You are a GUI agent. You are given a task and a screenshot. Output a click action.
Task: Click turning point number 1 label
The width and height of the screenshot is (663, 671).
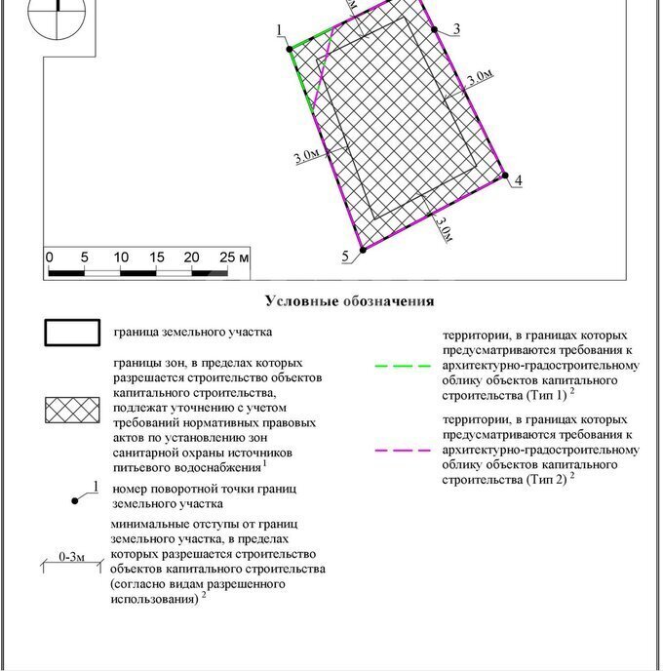(x=279, y=32)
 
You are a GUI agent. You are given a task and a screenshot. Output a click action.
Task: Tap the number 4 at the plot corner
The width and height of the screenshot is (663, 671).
(x=519, y=181)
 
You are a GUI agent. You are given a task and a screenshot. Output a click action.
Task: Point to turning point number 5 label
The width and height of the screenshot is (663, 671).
(x=345, y=256)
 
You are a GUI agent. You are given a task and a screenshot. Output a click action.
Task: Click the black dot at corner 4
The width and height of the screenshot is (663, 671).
(x=505, y=176)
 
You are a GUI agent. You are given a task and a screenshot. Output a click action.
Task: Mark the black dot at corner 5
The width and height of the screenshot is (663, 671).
(x=361, y=251)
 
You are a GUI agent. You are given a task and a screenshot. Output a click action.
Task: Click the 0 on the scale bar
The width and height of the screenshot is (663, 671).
(x=49, y=257)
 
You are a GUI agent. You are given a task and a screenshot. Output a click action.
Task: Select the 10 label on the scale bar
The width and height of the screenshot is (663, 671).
(x=120, y=257)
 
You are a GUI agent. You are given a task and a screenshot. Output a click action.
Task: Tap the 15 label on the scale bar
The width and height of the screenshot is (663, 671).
(x=156, y=257)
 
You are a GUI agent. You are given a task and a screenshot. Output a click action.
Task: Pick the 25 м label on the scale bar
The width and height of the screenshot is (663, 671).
(x=235, y=257)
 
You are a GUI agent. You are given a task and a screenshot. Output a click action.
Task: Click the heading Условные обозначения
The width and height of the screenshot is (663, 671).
(x=349, y=301)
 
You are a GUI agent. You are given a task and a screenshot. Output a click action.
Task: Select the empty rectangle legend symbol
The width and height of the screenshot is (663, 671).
(x=72, y=333)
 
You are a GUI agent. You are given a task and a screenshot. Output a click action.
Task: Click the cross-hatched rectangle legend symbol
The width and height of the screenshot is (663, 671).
(x=72, y=411)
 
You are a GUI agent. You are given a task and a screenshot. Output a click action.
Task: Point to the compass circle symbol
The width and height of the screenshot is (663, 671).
(x=58, y=12)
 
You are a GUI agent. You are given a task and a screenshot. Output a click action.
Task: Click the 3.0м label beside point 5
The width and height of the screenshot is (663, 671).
(x=443, y=230)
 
